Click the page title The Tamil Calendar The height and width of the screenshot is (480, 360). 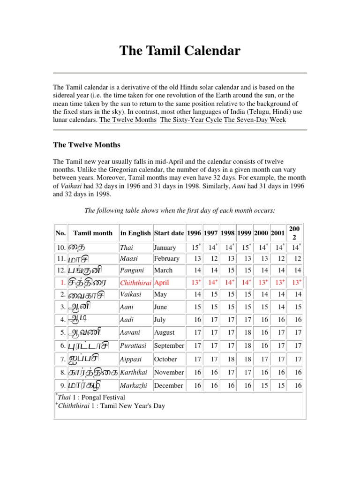coord(180,51)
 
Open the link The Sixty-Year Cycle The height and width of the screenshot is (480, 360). coord(191,120)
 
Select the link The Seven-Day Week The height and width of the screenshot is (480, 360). coord(255,120)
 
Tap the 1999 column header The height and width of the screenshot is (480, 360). coord(244,233)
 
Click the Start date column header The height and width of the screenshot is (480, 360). coord(169,233)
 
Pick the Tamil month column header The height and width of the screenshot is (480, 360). coord(93,233)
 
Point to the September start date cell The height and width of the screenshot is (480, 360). coord(169,345)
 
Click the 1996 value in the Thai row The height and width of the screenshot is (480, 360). coord(195,247)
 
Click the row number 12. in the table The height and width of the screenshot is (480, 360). coord(61,270)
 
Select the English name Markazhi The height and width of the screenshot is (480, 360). coord(134,385)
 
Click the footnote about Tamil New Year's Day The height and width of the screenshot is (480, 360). coord(111,405)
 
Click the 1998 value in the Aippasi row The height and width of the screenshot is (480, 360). coord(228,359)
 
